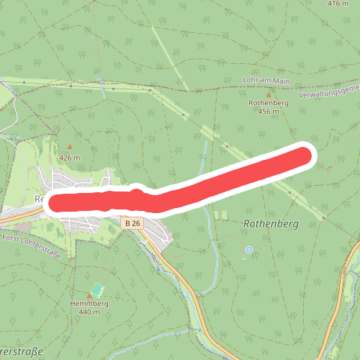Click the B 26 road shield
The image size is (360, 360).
click(132, 224)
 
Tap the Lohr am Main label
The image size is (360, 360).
click(267, 81)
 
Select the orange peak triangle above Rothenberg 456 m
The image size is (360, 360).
click(269, 94)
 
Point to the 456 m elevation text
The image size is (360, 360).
click(269, 112)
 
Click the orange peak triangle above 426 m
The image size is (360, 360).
click(70, 147)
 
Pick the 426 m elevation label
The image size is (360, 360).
click(69, 158)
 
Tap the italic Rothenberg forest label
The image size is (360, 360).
click(270, 224)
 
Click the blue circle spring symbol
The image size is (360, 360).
click(249, 250)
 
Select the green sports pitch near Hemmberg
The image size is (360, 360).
click(96, 291)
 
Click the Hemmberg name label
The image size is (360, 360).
click(89, 304)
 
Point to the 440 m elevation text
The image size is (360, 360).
click(89, 312)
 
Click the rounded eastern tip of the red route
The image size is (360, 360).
click(305, 156)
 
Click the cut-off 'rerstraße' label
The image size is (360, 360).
click(22, 352)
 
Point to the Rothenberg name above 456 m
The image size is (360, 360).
click(269, 103)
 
